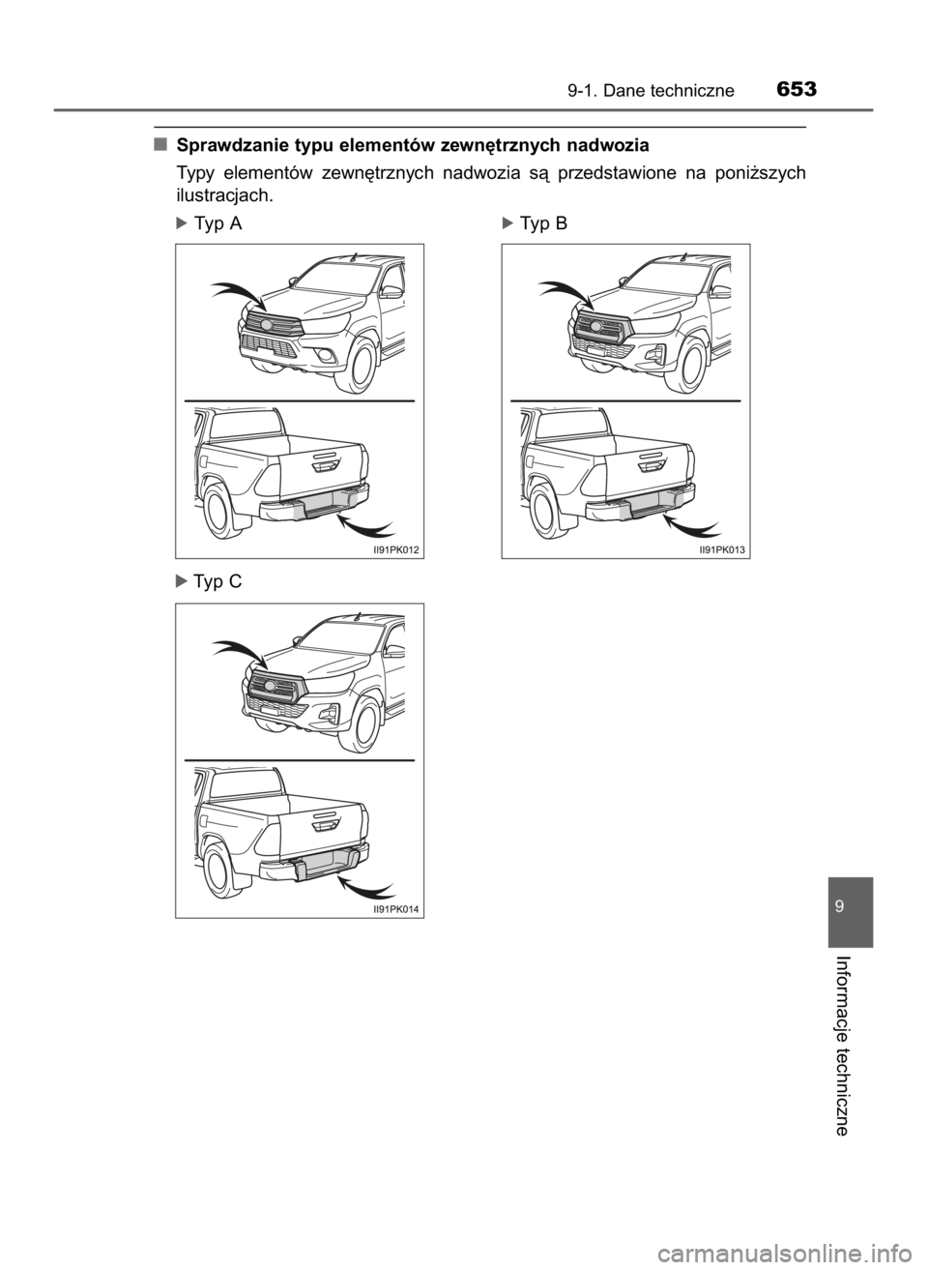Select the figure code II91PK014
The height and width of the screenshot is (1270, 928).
pyautogui.click(x=397, y=908)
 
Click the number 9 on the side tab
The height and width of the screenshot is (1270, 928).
pyautogui.click(x=850, y=907)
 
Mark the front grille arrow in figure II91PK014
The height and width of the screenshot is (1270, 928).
pyautogui.click(x=237, y=651)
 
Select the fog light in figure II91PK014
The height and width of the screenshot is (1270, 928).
pyautogui.click(x=330, y=717)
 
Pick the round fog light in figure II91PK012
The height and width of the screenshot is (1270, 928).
pyautogui.click(x=330, y=358)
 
